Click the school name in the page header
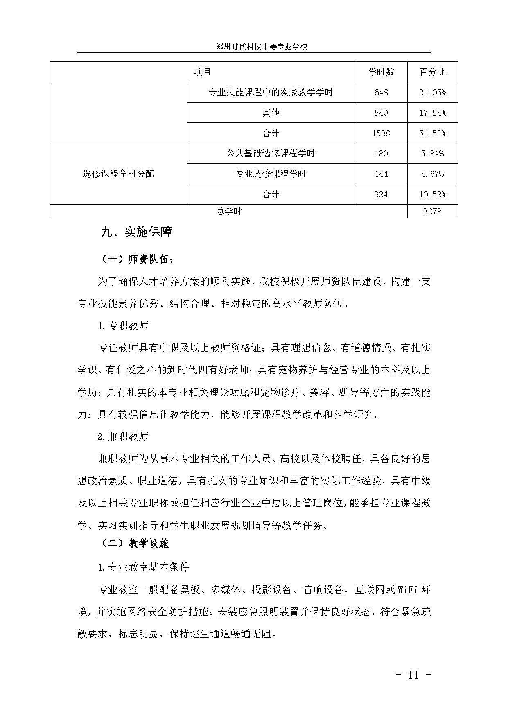262,47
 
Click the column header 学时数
381,72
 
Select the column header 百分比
433,72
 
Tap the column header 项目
202,72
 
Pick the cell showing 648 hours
381,93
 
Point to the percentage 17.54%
433,113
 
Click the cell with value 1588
381,133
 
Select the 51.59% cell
433,133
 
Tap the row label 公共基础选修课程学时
271,154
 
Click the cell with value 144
381,174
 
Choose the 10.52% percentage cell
433,194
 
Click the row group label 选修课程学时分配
118,174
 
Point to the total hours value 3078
433,211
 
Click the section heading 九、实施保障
136,232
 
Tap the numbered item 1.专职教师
123,326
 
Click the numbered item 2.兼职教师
123,436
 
